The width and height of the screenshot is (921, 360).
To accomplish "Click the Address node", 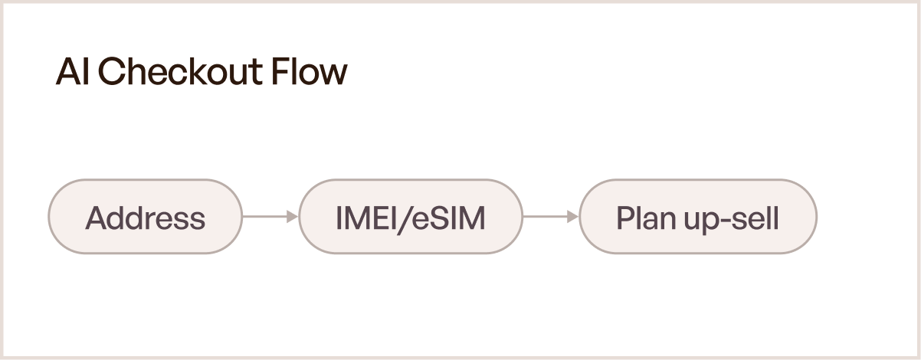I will pyautogui.click(x=145, y=217).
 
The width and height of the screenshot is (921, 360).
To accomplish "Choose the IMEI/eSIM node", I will pyautogui.click(x=411, y=217).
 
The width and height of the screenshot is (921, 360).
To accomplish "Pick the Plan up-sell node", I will pyautogui.click(x=698, y=217).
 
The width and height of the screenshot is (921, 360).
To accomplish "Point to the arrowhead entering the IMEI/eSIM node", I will pyautogui.click(x=293, y=217).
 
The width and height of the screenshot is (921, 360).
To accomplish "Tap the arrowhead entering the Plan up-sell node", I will pyautogui.click(x=573, y=217).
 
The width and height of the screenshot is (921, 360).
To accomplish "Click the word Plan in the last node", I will pyautogui.click(x=643, y=218).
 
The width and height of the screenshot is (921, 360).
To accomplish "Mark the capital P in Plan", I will pyautogui.click(x=624, y=218).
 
